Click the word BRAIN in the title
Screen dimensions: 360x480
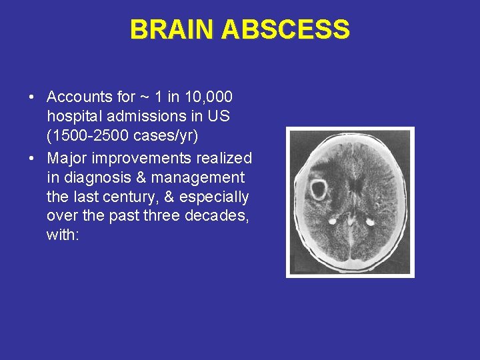[171, 30]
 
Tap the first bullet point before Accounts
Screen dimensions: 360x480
[32, 98]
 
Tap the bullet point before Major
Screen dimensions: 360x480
[32, 159]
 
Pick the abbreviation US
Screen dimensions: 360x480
[218, 117]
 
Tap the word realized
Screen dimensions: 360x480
[222, 158]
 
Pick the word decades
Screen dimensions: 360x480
[215, 216]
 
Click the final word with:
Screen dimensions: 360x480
[63, 235]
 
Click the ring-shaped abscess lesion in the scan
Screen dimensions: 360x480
[318, 189]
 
